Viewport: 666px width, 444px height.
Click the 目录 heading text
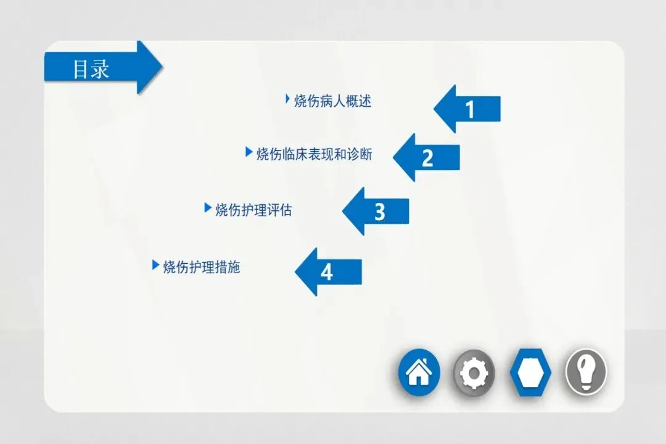[x=91, y=68]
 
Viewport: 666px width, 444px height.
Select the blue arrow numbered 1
[x=469, y=109]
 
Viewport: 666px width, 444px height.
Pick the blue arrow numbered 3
[x=377, y=212]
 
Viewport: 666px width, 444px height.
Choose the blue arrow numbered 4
[x=329, y=272]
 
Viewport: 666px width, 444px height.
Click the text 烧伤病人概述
[x=333, y=101]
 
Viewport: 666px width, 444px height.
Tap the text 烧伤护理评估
[x=253, y=210]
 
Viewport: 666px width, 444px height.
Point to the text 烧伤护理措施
[x=202, y=267]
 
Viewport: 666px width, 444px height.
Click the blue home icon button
[x=419, y=372]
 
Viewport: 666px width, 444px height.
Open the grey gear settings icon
[x=474, y=372]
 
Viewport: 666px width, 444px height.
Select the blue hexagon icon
[x=530, y=372]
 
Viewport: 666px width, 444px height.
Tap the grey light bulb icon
[x=586, y=372]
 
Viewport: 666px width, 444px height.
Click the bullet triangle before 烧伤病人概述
[x=287, y=98]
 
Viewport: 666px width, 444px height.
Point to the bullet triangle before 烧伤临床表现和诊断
[x=249, y=152]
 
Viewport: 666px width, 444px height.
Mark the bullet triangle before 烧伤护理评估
[x=207, y=208]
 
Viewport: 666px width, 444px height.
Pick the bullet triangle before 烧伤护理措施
[x=155, y=265]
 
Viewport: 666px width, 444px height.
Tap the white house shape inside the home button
[x=419, y=372]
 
